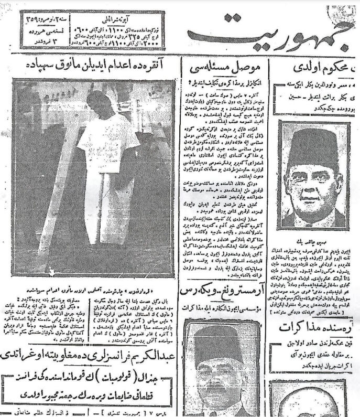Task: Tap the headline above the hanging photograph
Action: pyautogui.click(x=96, y=66)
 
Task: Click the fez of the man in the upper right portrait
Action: pyautogui.click(x=315, y=146)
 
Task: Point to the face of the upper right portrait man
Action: pyautogui.click(x=315, y=184)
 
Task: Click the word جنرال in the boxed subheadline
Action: pyautogui.click(x=155, y=375)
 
